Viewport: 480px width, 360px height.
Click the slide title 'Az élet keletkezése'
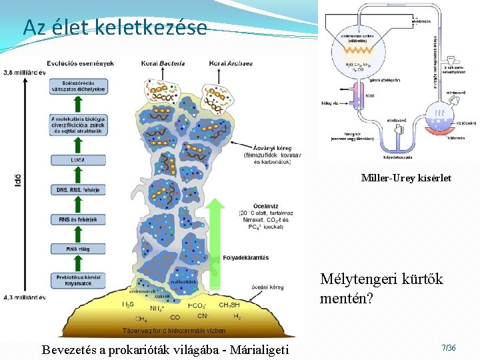pos(115,28)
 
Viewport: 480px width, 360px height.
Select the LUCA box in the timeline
pos(77,161)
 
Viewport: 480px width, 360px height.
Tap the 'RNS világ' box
pos(77,249)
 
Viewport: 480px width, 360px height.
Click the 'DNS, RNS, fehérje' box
pos(77,190)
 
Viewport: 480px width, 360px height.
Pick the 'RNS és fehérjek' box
pos(77,219)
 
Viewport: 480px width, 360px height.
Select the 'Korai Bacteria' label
pos(158,63)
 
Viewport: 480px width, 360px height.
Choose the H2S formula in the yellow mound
pos(128,304)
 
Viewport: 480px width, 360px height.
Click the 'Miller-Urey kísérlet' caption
pos(406,178)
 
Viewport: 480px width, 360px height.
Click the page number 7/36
pos(449,348)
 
